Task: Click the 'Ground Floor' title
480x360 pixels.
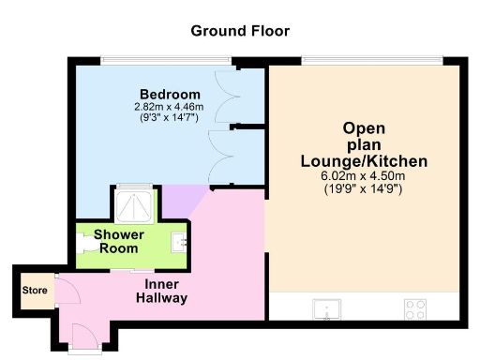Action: click(x=240, y=31)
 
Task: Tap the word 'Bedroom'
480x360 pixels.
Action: click(x=170, y=95)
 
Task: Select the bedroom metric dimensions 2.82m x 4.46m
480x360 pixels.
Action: click(x=170, y=107)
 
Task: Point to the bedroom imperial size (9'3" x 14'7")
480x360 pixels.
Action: click(x=170, y=118)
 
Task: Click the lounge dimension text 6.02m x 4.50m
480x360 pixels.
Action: click(x=364, y=176)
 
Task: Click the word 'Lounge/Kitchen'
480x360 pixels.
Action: click(x=364, y=161)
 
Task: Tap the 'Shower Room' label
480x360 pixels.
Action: click(x=117, y=241)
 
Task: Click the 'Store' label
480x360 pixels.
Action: click(x=35, y=290)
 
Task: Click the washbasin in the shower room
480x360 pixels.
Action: click(x=182, y=242)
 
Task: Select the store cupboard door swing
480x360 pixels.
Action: click(x=67, y=292)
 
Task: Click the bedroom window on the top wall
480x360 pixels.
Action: click(x=166, y=61)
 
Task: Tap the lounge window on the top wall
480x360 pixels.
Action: click(x=371, y=61)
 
